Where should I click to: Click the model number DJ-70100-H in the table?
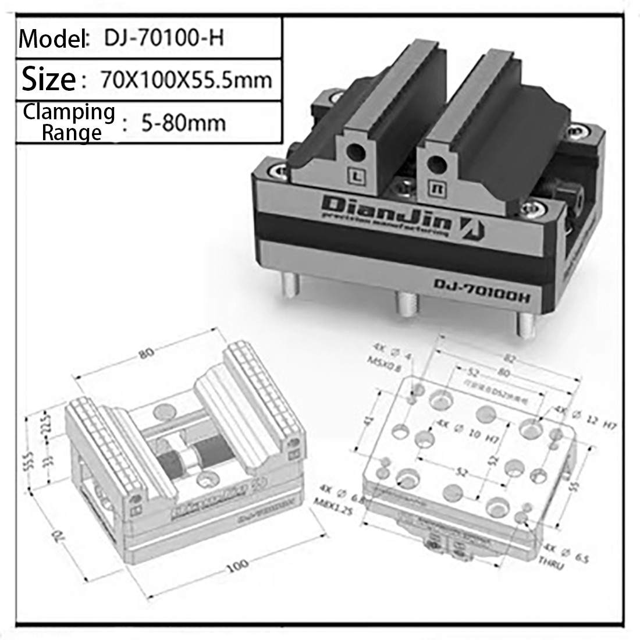[x=164, y=38]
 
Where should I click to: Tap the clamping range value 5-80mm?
[x=183, y=122]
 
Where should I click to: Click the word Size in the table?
[x=48, y=79]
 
